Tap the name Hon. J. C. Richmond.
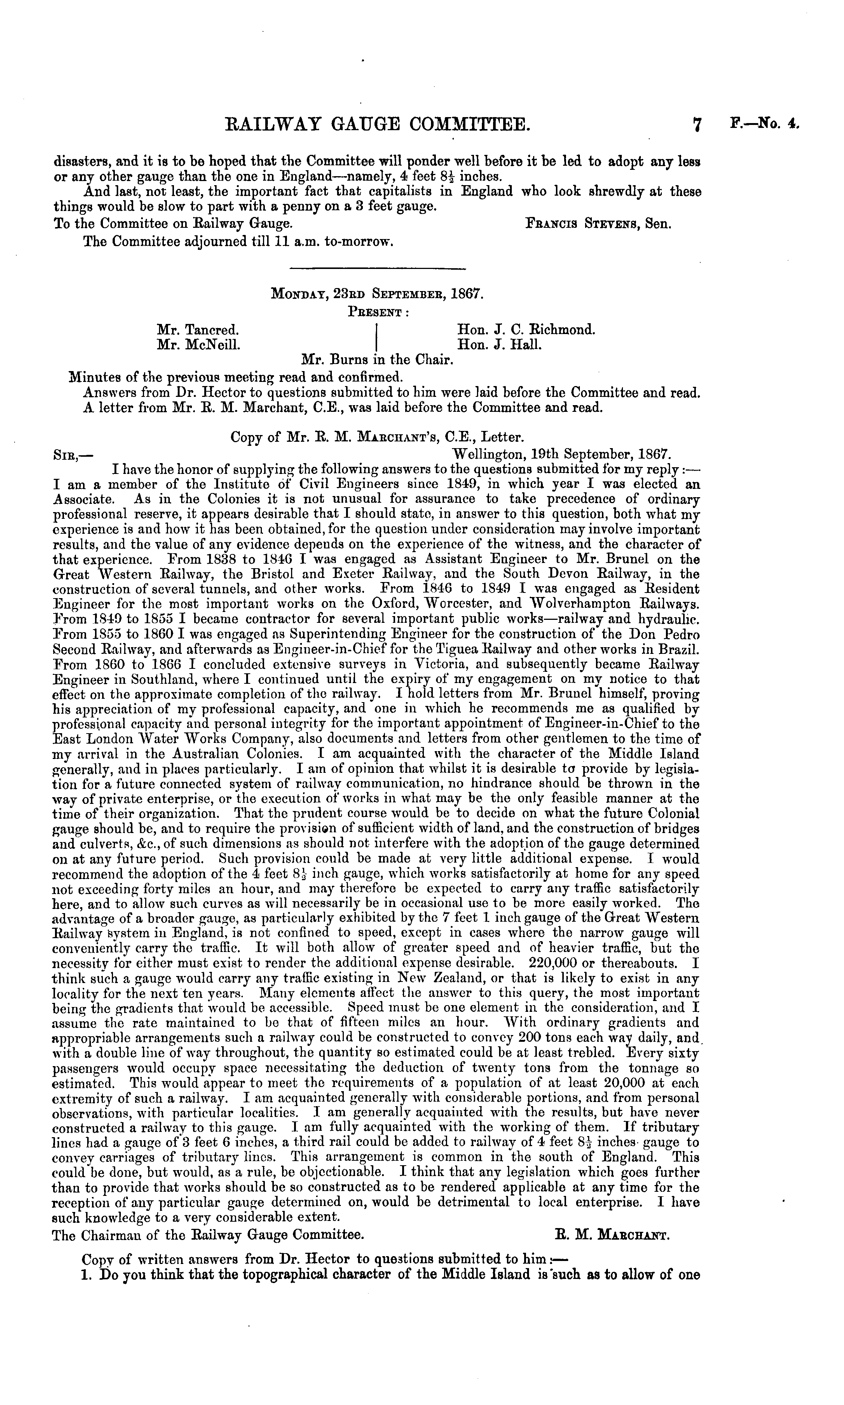coord(526,329)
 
